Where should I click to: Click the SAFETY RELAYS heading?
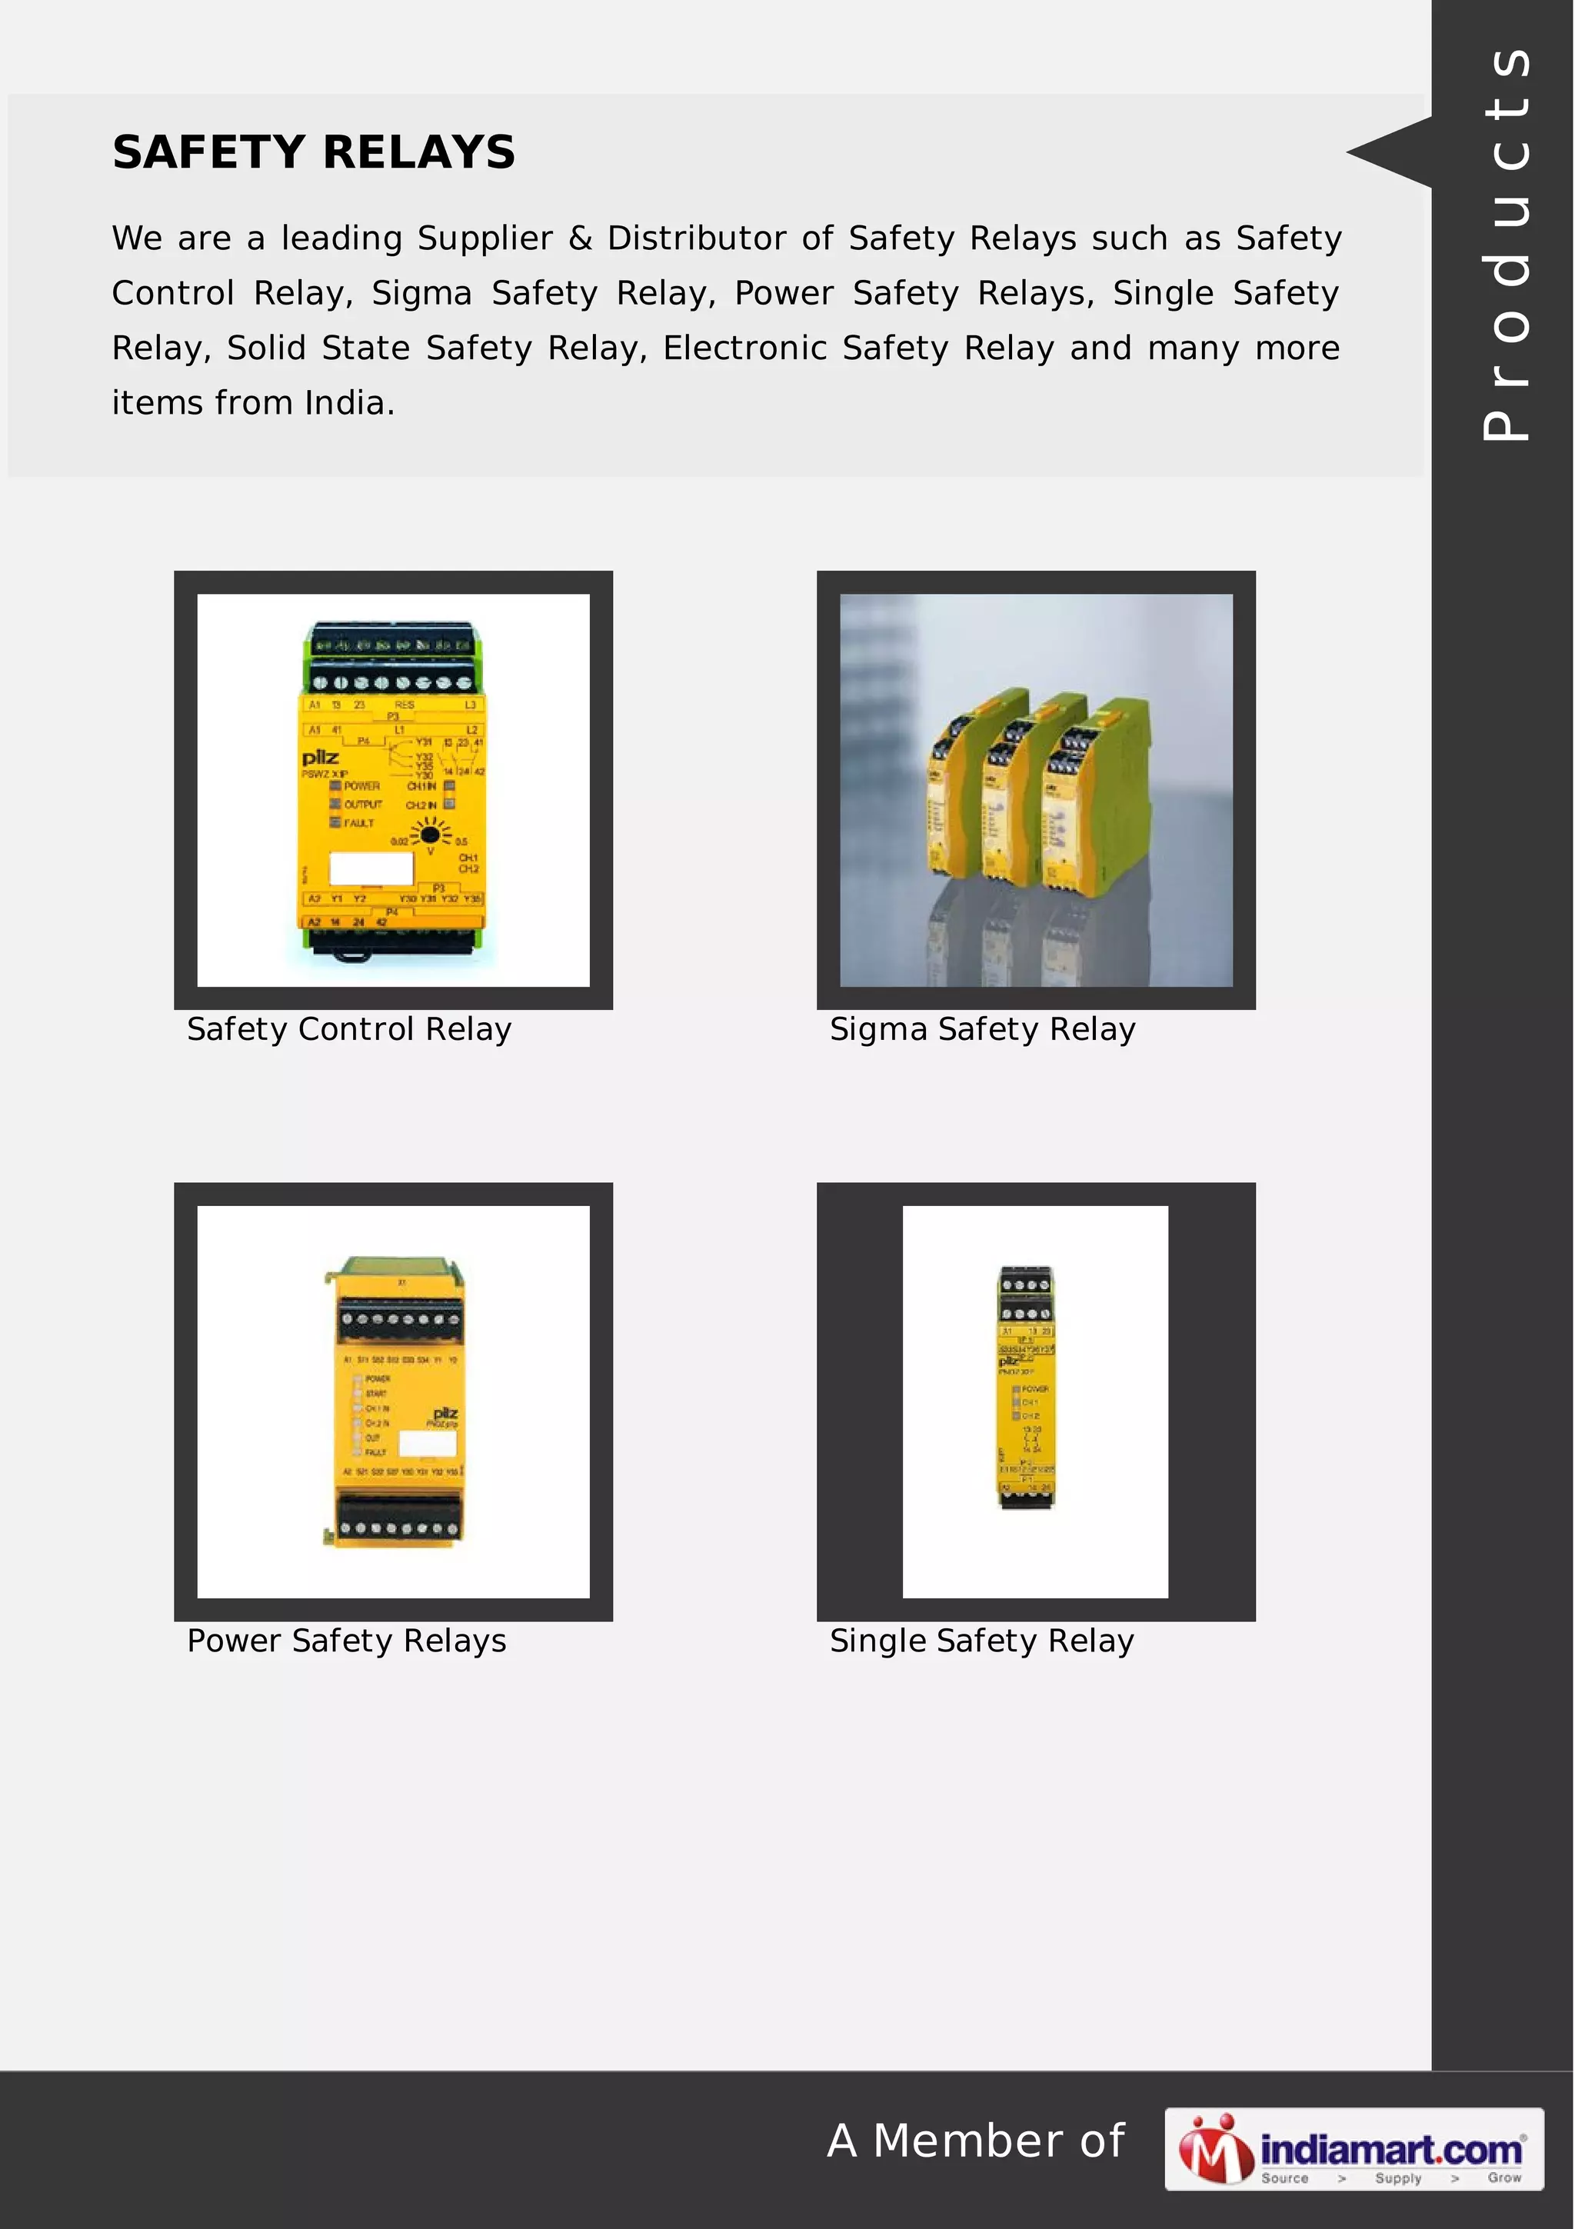(x=314, y=152)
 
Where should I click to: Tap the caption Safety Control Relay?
(x=348, y=1029)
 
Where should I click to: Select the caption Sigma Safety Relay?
(x=982, y=1029)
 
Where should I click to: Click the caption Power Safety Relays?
(x=346, y=1641)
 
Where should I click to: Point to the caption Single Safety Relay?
(x=981, y=1641)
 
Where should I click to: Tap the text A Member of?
(x=975, y=2141)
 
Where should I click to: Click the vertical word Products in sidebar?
(x=1505, y=243)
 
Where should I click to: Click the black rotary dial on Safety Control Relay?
(x=430, y=833)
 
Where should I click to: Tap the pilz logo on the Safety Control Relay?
(x=320, y=758)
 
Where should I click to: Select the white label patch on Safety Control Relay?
(x=371, y=868)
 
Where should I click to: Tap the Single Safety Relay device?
(x=1027, y=1388)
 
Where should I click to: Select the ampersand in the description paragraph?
(x=581, y=238)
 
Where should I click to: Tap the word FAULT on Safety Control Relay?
(x=358, y=823)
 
